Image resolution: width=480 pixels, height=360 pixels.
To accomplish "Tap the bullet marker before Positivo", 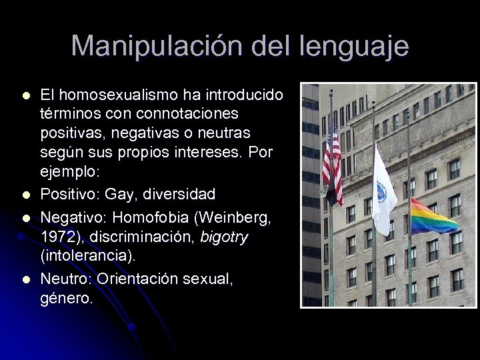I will coord(25,195).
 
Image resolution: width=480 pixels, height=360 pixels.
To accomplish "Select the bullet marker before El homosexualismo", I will coord(25,94).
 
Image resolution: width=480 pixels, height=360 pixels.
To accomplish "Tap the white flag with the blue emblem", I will coord(383,190).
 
